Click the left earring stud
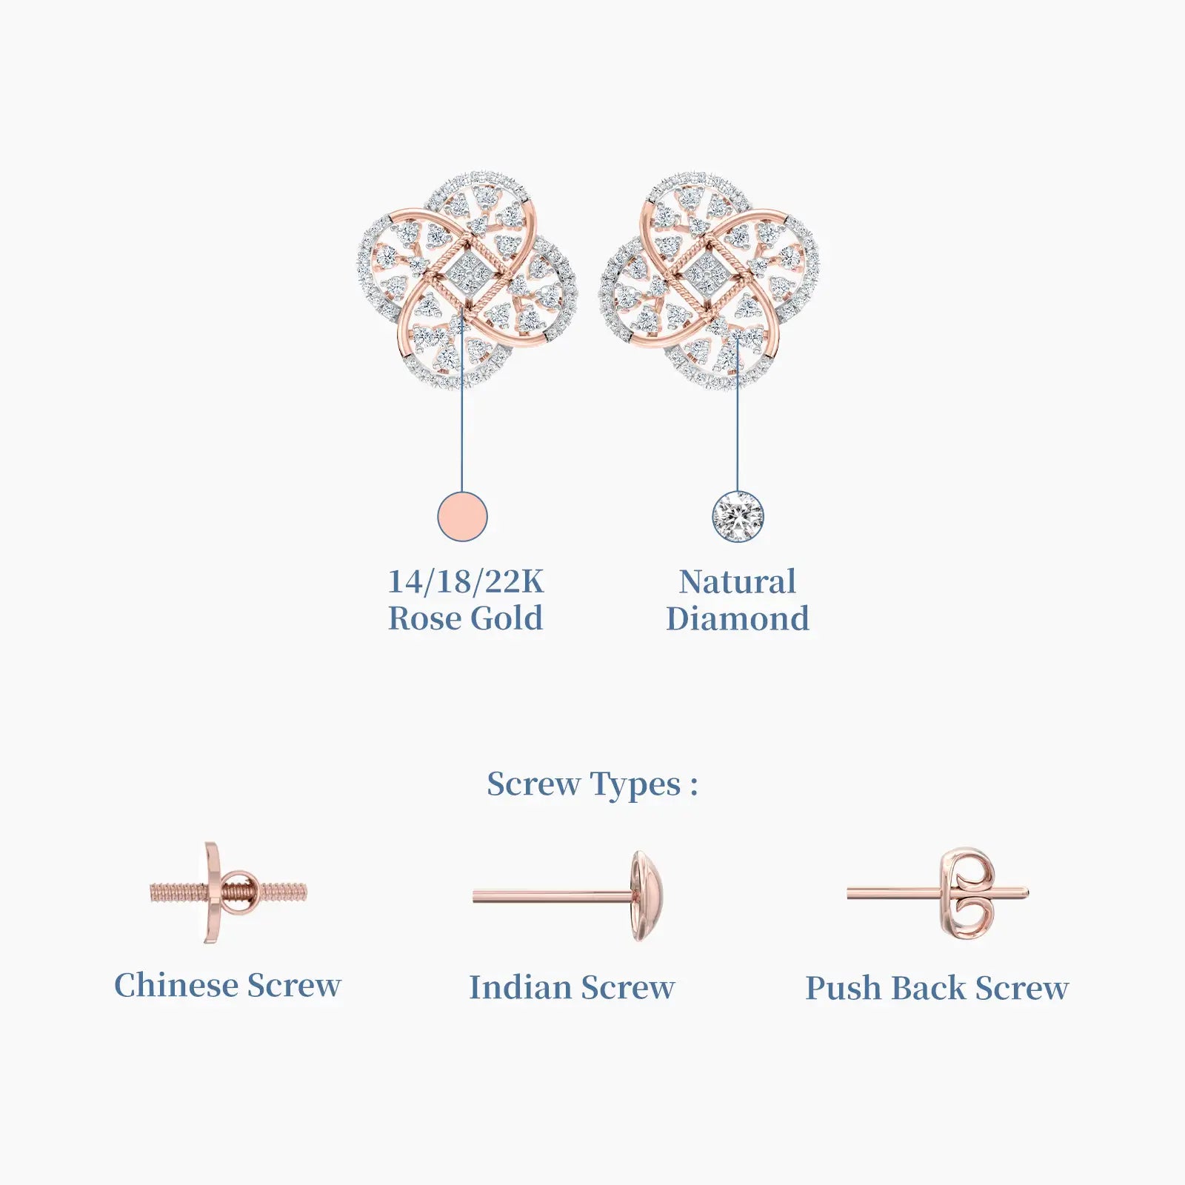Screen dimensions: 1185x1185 tap(467, 279)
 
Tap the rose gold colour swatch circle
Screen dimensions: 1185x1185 tap(462, 516)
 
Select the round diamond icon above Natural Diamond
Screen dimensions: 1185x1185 tap(738, 516)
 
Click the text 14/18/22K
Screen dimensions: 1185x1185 tap(466, 581)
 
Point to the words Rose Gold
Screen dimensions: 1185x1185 tap(466, 618)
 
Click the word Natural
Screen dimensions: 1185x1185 tap(738, 581)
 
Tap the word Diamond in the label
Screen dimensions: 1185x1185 tap(738, 618)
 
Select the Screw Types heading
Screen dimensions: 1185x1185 tap(592, 785)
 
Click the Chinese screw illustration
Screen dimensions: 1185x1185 tap(228, 892)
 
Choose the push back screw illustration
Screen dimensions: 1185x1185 tap(938, 894)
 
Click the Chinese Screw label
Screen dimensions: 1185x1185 tap(227, 985)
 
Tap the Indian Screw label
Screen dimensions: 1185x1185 tap(572, 987)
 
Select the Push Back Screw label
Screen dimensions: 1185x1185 tap(937, 988)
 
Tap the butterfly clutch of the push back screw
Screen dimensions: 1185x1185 tap(967, 894)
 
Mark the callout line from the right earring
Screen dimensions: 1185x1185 tap(738, 413)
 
